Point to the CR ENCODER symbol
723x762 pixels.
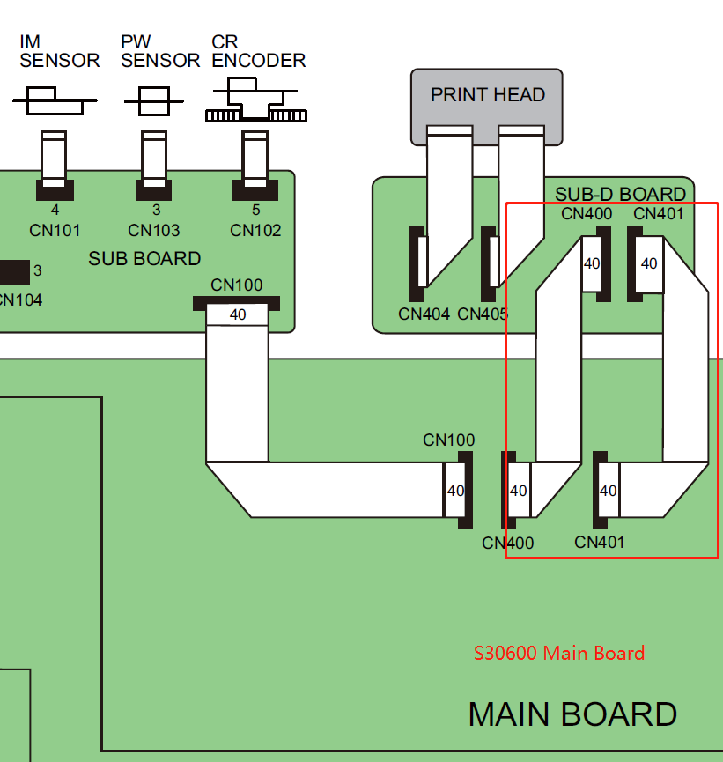(x=255, y=100)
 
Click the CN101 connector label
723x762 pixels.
(x=54, y=231)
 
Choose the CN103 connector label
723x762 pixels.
(x=154, y=231)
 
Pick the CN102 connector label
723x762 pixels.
(x=255, y=231)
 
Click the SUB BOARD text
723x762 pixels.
(x=144, y=259)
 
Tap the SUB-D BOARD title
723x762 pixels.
(x=620, y=194)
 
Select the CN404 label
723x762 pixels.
(x=424, y=314)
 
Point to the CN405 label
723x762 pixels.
(x=483, y=314)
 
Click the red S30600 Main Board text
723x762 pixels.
(x=559, y=654)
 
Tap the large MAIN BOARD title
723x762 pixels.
(x=572, y=714)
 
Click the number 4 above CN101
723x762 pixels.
(x=55, y=211)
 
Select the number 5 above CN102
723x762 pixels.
(x=255, y=211)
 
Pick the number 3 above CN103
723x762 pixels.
(x=156, y=211)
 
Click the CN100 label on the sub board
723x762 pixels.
(x=237, y=285)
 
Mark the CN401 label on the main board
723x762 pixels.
(x=599, y=542)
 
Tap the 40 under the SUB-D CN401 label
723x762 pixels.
(x=649, y=263)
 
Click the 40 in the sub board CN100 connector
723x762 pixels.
(x=238, y=314)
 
